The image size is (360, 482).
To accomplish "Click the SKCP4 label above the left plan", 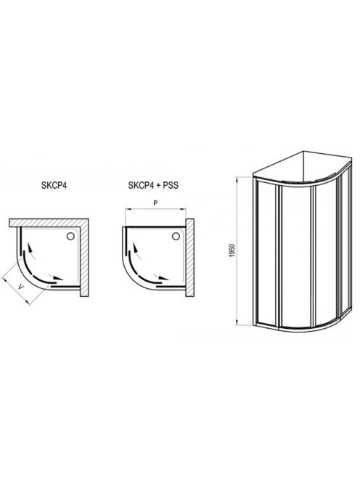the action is point(54,186).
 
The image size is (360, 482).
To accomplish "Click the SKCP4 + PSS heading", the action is point(153,186).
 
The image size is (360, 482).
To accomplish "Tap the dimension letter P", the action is point(155,203).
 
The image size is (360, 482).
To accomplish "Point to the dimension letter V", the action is point(20,287).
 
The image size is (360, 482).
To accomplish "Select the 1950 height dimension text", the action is point(232,250).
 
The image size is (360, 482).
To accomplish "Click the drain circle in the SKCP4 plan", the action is point(70,236).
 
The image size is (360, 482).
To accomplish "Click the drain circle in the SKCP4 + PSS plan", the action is point(176,236).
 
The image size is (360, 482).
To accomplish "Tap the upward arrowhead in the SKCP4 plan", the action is point(30,247).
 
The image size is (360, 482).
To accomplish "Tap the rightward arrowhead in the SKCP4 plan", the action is point(57,278).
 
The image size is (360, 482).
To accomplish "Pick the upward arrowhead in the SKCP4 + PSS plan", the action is point(135,247).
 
